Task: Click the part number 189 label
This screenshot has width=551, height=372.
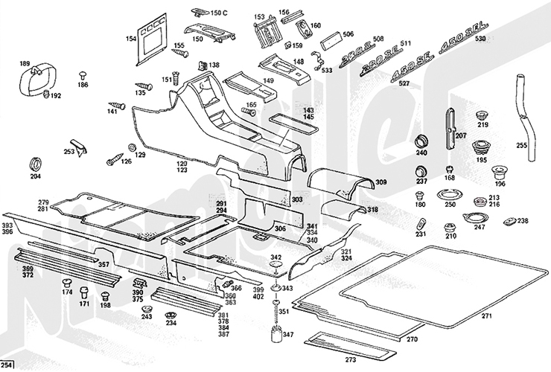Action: pos(24,63)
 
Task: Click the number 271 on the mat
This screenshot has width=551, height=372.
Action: pos(486,316)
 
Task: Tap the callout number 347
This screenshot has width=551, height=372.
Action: pos(287,335)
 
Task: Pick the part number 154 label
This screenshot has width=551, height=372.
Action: pos(131,39)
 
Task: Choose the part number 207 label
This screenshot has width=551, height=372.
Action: pos(460,136)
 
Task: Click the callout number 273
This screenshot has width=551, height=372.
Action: pos(351,359)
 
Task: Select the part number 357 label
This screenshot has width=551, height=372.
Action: pos(103,264)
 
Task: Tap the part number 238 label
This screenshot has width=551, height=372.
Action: pos(523,220)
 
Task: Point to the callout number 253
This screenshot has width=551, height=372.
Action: pos(69,151)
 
